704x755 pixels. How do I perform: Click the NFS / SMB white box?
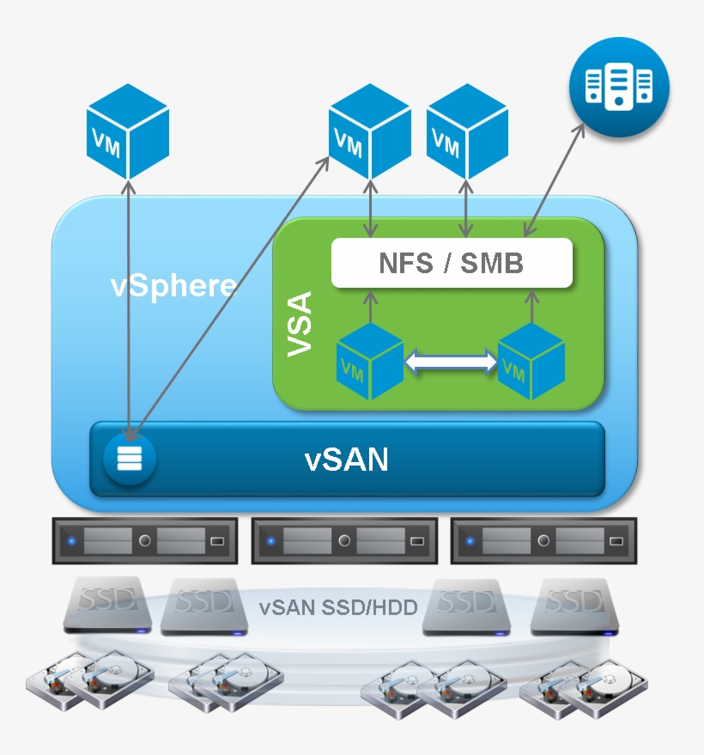click(452, 263)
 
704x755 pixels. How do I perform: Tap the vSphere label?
click(173, 285)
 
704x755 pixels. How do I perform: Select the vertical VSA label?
click(300, 324)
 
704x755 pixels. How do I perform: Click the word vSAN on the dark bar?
click(347, 460)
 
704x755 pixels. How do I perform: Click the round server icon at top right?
click(618, 87)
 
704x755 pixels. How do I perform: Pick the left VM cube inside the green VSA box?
click(369, 362)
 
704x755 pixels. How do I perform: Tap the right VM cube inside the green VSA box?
click(531, 362)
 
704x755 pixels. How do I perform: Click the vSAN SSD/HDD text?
click(338, 608)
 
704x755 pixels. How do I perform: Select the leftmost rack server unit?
click(144, 541)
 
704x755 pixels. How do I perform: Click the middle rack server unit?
click(343, 541)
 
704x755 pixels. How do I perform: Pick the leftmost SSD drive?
click(108, 605)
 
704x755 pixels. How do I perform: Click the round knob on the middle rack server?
click(343, 541)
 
